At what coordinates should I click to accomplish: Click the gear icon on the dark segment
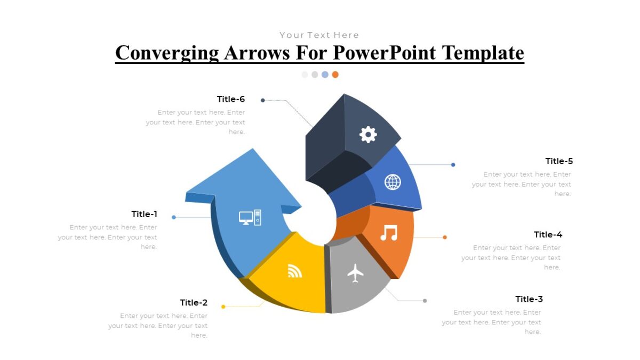[x=368, y=134]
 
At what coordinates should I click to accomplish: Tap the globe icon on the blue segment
[x=393, y=182]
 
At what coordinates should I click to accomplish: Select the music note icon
[x=389, y=233]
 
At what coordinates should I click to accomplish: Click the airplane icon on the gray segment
[x=355, y=273]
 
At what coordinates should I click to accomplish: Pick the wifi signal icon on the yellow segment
[x=294, y=271]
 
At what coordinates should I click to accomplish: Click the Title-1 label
[x=145, y=214]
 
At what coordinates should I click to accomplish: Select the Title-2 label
[x=194, y=303]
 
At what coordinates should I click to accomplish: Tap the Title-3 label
[x=529, y=299]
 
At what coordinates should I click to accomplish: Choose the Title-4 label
[x=548, y=235]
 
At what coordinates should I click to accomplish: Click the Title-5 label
[x=559, y=161]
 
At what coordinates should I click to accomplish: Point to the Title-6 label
[x=231, y=99]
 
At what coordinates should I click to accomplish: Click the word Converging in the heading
[x=167, y=53]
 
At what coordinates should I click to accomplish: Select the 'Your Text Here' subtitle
[x=319, y=35]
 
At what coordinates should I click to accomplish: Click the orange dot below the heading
[x=335, y=75]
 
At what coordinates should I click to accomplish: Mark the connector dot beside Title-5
[x=453, y=165]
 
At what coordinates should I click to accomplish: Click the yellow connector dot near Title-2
[x=223, y=307]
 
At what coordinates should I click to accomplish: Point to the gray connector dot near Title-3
[x=425, y=301]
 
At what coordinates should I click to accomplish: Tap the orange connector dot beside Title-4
[x=445, y=237]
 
